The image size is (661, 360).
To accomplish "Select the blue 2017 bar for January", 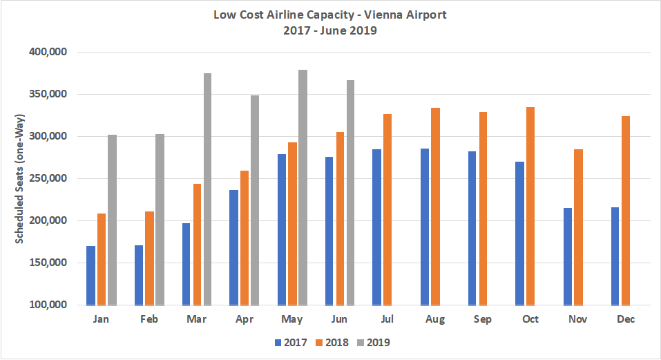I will (x=90, y=276).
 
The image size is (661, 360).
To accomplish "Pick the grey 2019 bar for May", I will (x=303, y=187).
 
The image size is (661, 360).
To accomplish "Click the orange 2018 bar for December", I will (x=626, y=210).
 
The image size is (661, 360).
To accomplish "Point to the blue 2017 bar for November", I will (x=568, y=256).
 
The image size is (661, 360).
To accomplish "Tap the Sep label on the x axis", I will (x=483, y=319).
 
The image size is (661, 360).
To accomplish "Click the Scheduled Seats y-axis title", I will (x=20, y=178).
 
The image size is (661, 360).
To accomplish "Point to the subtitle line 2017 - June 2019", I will (x=330, y=30).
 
